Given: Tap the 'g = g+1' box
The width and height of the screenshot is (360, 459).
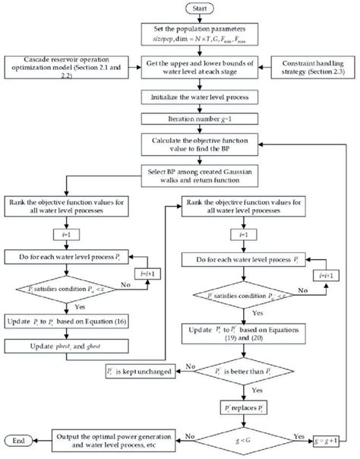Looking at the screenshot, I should [333, 439].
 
